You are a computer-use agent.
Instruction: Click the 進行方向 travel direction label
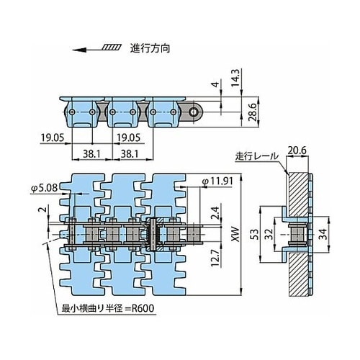(150, 48)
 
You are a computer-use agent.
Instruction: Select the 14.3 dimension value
(235, 78)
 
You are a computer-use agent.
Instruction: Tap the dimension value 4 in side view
(216, 84)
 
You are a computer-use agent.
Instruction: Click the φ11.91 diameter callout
(217, 181)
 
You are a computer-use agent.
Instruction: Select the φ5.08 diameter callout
(44, 189)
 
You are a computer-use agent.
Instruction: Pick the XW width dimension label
(235, 234)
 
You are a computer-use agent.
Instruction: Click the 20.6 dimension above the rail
(297, 150)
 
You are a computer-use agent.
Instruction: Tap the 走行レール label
(256, 156)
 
